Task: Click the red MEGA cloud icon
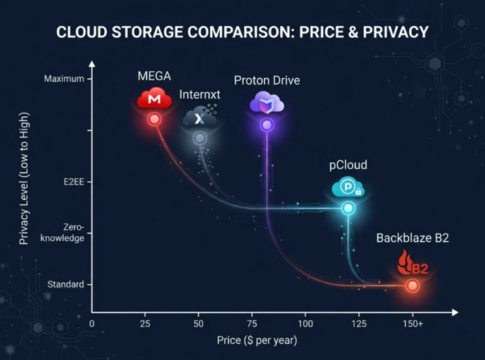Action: pos(154,99)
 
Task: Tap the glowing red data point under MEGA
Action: pos(154,119)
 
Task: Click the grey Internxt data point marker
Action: pos(200,138)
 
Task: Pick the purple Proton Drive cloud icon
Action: pos(266,103)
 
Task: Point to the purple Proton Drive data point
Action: pos(266,125)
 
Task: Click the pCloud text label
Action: pos(347,165)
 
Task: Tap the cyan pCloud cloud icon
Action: pos(347,188)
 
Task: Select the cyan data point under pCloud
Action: pos(347,208)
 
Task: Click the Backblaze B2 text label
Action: pos(412,238)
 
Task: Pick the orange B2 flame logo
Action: pos(412,263)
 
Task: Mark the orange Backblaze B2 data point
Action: pos(412,286)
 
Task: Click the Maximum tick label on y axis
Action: pos(64,79)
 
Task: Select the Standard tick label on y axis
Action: pos(65,285)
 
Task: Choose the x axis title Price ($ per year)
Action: pos(256,340)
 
